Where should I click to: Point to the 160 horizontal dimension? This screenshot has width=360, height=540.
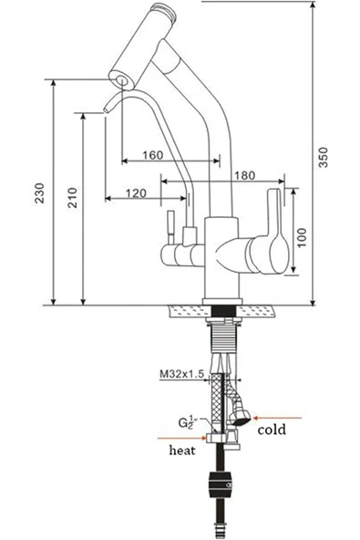[152, 154]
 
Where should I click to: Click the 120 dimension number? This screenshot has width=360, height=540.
[136, 192]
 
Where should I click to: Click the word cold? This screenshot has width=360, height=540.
[273, 428]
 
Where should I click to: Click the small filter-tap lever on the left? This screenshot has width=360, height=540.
[168, 223]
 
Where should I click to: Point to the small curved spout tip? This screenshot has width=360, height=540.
[107, 107]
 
